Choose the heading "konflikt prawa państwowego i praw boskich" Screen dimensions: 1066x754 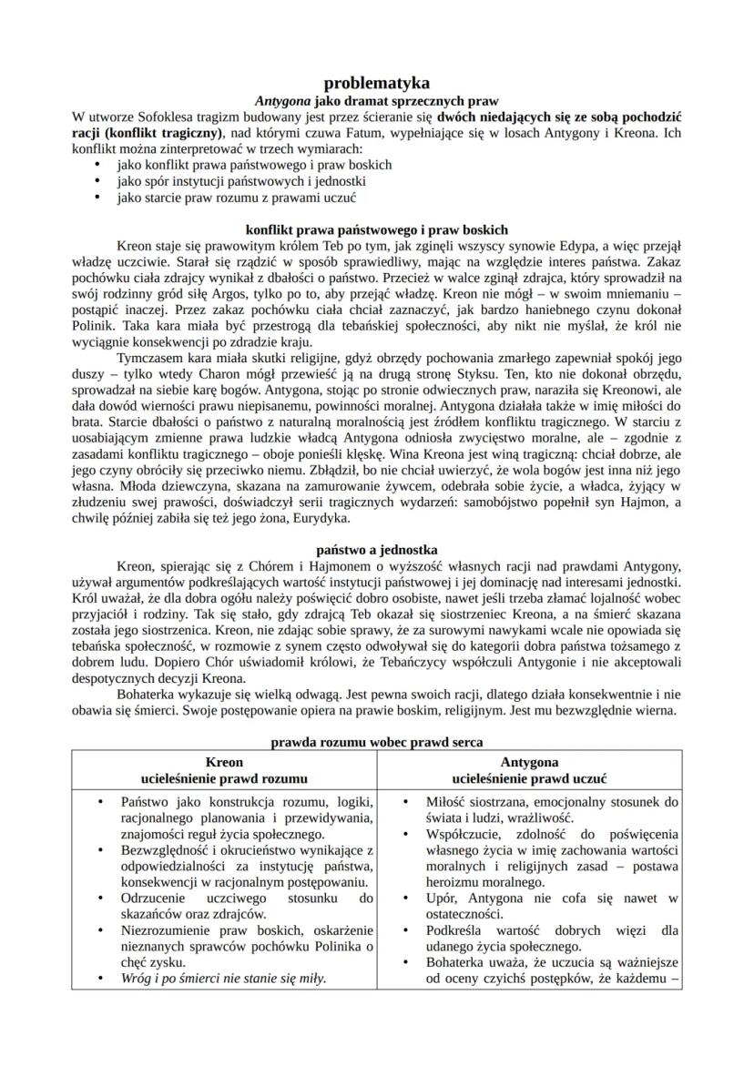click(x=377, y=229)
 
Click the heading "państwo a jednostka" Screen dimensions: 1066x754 click(x=377, y=550)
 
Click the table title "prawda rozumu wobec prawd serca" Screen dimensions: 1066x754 click(x=377, y=743)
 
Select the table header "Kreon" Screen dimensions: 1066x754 click(x=224, y=762)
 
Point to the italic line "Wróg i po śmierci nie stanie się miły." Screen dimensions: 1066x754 click(x=223, y=979)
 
